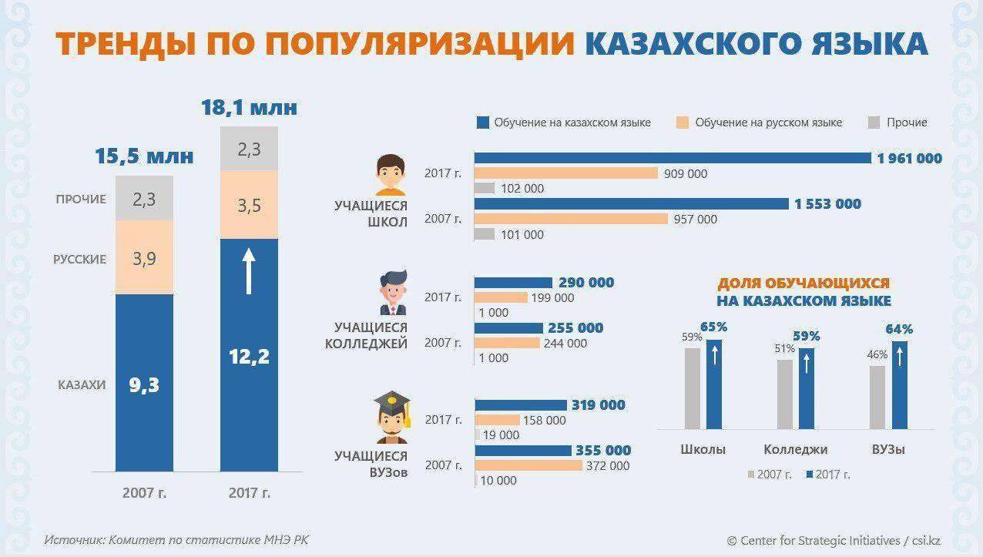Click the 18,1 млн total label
pos(249,107)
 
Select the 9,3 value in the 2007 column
pos(144,384)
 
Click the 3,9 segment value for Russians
pos(144,259)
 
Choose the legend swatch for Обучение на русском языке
pos(681,122)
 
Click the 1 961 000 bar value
pos(909,158)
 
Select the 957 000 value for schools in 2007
pos(696,219)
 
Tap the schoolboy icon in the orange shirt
pos(391,176)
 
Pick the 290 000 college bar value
pos(586,283)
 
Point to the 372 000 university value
pos(609,465)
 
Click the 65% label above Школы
pos(714,327)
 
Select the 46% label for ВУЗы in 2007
pos(877,355)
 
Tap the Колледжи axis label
pos(795,449)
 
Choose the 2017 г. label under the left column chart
pos(249,492)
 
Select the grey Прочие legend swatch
pos(874,122)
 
